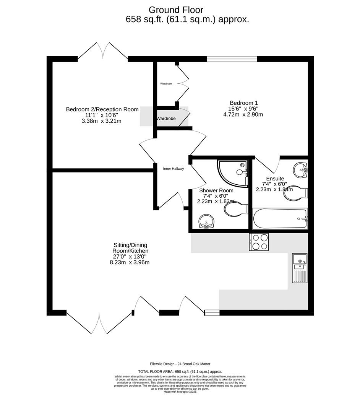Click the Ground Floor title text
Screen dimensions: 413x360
coord(176,10)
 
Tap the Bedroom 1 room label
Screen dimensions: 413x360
coord(243,103)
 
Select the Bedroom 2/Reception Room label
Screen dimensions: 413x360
coord(102,109)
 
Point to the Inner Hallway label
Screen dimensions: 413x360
coord(173,169)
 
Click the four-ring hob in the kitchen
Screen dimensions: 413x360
coord(259,242)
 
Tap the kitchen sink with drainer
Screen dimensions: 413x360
coord(300,268)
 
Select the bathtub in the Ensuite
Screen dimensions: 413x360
coord(280,219)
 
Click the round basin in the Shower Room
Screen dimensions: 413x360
coord(207,221)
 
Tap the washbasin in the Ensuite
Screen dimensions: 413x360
coord(300,169)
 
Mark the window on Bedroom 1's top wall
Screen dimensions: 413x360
coord(232,59)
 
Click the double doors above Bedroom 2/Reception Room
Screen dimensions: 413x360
coord(103,52)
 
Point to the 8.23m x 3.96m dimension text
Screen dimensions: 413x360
coord(129,262)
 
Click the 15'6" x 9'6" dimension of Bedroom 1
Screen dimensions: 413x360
coord(243,109)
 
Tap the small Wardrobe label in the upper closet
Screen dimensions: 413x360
coord(166,83)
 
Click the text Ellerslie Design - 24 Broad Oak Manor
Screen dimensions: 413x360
coord(180,364)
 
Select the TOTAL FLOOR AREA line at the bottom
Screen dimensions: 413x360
coord(180,371)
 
